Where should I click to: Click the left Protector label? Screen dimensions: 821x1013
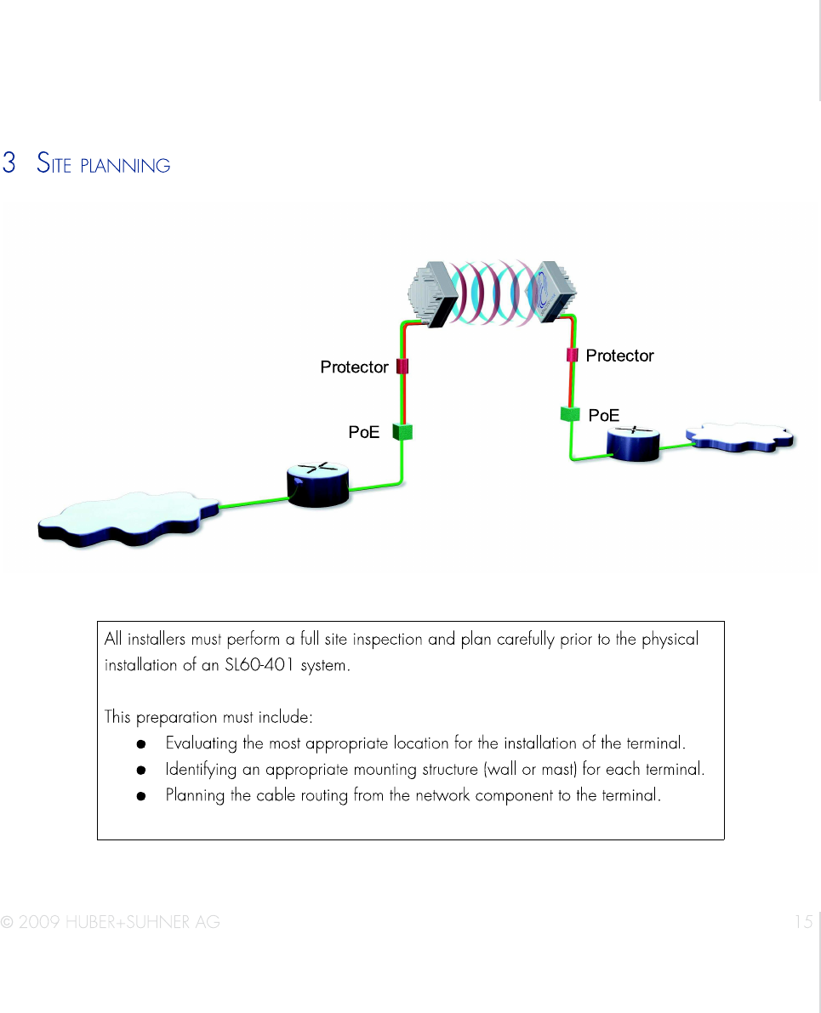point(354,367)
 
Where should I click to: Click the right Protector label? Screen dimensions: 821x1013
point(619,356)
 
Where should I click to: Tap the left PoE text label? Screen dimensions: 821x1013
point(364,432)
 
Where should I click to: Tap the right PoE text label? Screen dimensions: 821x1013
point(604,415)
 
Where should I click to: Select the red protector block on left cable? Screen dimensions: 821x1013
point(403,367)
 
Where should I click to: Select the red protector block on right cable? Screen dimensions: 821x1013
point(573,355)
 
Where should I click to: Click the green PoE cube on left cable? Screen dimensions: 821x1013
point(403,432)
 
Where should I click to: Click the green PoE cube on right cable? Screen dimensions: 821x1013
point(569,414)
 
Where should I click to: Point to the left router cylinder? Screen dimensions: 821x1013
point(318,486)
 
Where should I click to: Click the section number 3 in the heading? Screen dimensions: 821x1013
point(9,163)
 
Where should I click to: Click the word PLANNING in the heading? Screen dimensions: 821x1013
point(125,166)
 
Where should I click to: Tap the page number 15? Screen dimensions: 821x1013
point(803,921)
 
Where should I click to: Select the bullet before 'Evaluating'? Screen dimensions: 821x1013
point(142,744)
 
